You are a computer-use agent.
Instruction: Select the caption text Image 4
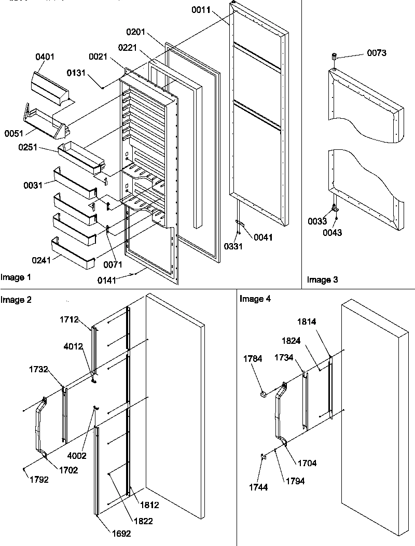(255, 299)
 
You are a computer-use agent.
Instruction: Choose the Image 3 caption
(322, 280)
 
